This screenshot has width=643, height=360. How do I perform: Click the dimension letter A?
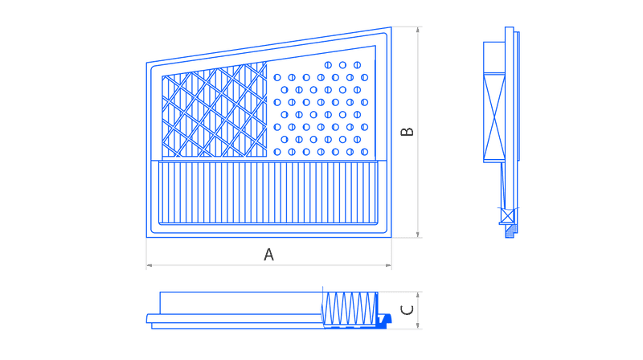[x=268, y=255]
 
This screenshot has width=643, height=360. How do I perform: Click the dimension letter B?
[x=408, y=132]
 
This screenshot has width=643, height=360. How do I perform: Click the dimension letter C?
[x=407, y=310]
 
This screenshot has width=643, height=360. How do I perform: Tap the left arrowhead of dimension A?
[x=149, y=265]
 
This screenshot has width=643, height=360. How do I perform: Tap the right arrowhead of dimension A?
[x=389, y=265]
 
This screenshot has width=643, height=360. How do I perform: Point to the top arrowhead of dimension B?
[x=418, y=30]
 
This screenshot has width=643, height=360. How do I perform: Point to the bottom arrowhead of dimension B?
[x=418, y=235]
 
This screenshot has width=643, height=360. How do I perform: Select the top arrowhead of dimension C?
[x=418, y=295]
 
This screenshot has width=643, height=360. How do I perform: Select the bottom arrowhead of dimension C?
[x=418, y=325]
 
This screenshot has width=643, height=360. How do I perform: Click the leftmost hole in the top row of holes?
[x=328, y=65]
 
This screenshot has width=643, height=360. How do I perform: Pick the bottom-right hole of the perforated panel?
[x=365, y=152]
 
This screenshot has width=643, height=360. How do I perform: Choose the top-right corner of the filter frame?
[x=391, y=27]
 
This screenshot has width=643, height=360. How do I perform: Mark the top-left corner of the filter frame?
[x=147, y=63]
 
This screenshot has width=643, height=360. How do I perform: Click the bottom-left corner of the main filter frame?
[x=147, y=237]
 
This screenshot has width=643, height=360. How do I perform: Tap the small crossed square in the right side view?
[x=508, y=215]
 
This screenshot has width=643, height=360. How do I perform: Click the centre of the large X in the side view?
[x=494, y=117]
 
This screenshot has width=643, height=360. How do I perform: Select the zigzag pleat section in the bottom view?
[x=350, y=309]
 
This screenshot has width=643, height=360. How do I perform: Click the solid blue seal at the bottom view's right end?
[x=384, y=320]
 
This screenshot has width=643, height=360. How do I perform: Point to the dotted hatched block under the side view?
[x=510, y=231]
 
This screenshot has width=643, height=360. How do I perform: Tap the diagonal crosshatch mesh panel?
[x=214, y=111]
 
